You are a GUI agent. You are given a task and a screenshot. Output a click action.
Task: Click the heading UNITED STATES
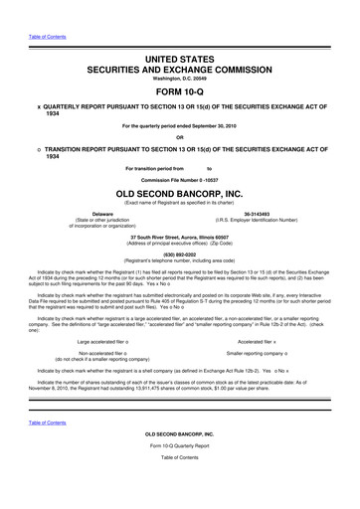click(180, 35)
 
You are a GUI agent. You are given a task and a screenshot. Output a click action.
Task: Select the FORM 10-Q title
click(180, 69)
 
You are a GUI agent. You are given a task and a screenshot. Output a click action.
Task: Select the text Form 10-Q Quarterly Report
click(180, 484)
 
